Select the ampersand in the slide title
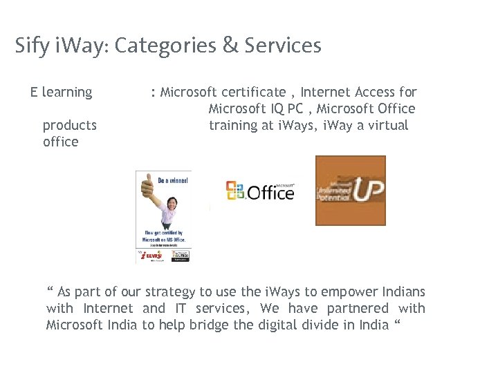[229, 46]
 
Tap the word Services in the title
[282, 46]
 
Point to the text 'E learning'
[61, 92]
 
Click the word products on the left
[69, 125]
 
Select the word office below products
[60, 142]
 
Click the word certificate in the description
[252, 92]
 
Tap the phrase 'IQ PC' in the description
[286, 108]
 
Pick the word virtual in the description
[387, 125]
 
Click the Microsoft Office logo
[261, 191]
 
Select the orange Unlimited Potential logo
[350, 190]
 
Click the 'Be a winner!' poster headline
[172, 179]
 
